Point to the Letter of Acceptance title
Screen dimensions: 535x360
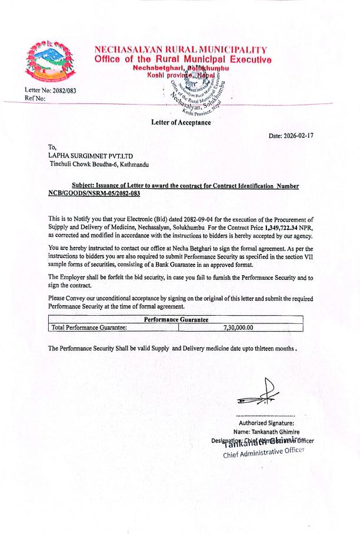(x=181, y=122)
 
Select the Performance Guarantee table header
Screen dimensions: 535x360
(x=176, y=319)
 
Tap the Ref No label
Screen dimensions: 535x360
(x=28, y=99)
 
